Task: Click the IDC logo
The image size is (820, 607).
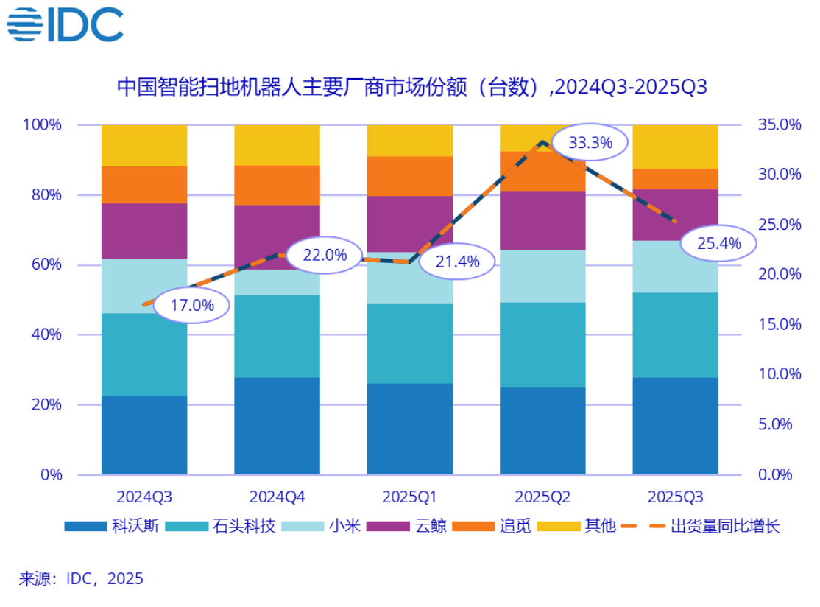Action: coord(65,24)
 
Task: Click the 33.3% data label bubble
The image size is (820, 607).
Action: coord(590,143)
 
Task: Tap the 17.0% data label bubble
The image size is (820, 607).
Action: coord(191,304)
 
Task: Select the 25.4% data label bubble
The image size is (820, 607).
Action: coord(718,242)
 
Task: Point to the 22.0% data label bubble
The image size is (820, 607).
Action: coord(324,255)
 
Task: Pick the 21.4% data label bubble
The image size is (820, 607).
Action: coord(457,260)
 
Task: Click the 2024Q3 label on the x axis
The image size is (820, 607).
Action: coord(144,497)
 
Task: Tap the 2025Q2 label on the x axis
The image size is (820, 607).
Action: coord(542,497)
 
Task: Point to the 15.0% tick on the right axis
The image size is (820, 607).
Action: coord(780,325)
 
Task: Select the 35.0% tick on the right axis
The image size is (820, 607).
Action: coord(780,124)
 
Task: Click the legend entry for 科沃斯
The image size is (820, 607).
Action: coord(110,526)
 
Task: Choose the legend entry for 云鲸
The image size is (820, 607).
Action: coord(412,526)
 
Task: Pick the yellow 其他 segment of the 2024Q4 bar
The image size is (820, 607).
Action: coord(277,144)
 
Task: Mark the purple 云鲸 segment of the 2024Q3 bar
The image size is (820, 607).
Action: coord(144,231)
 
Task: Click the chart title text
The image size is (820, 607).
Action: coord(411,87)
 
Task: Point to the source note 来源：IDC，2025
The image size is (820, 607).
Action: coord(81,578)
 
